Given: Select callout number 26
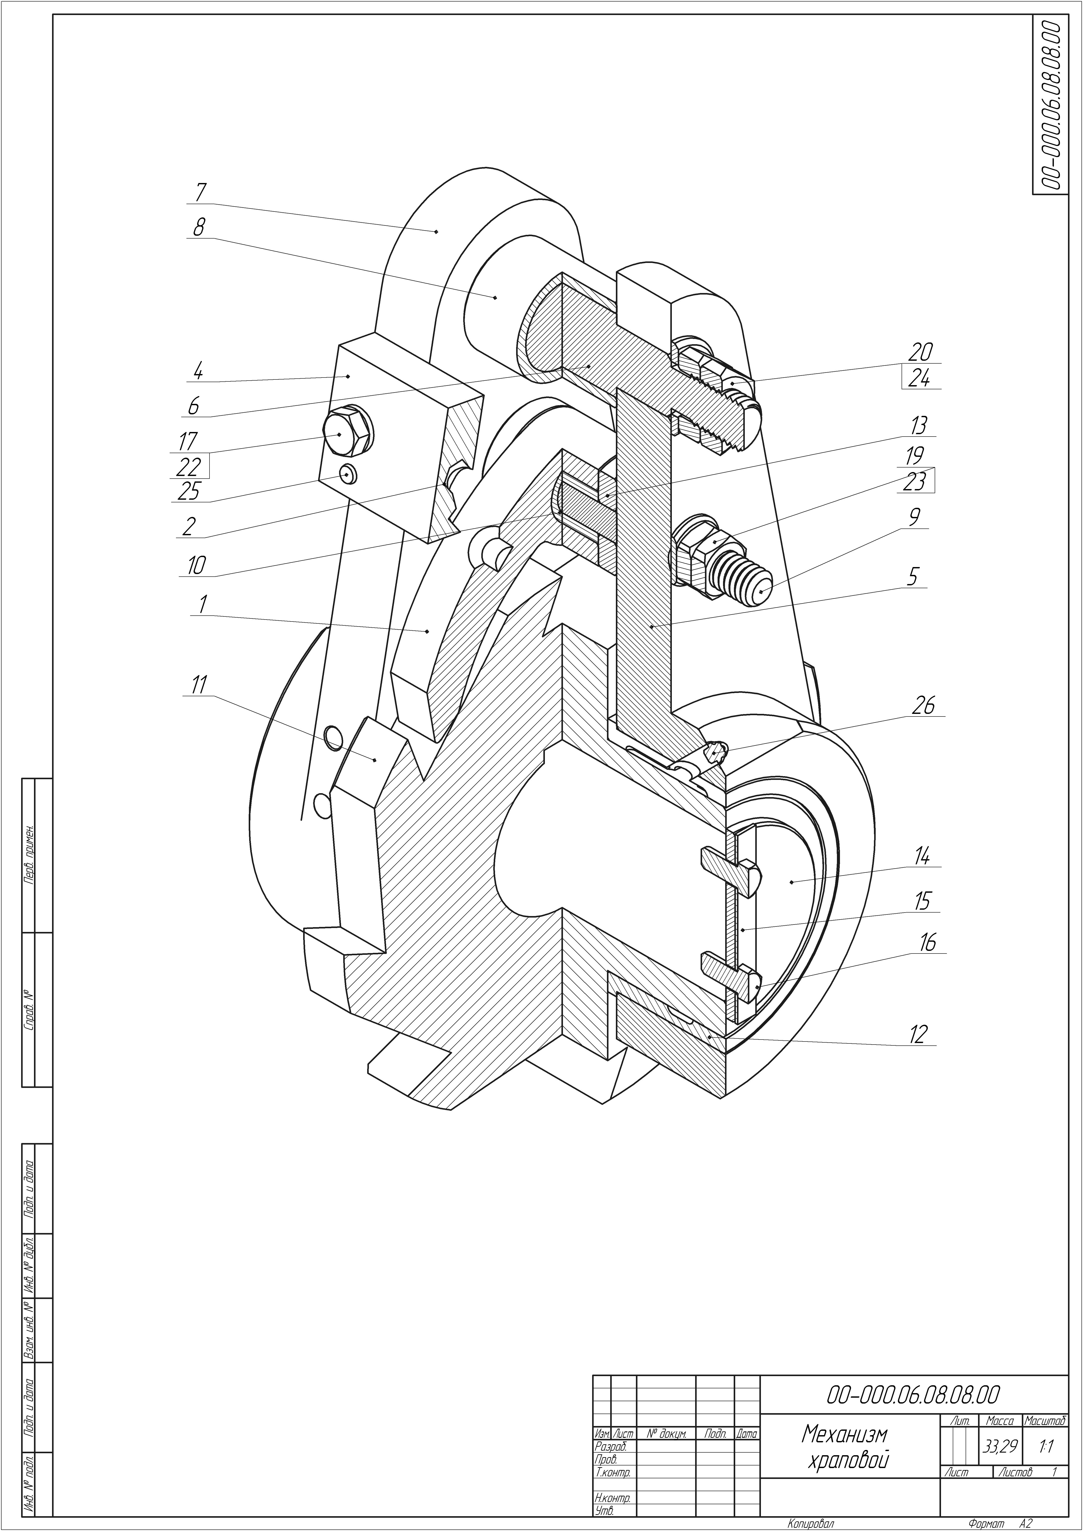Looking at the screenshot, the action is [x=923, y=705].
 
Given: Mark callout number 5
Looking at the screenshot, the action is [x=913, y=576].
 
